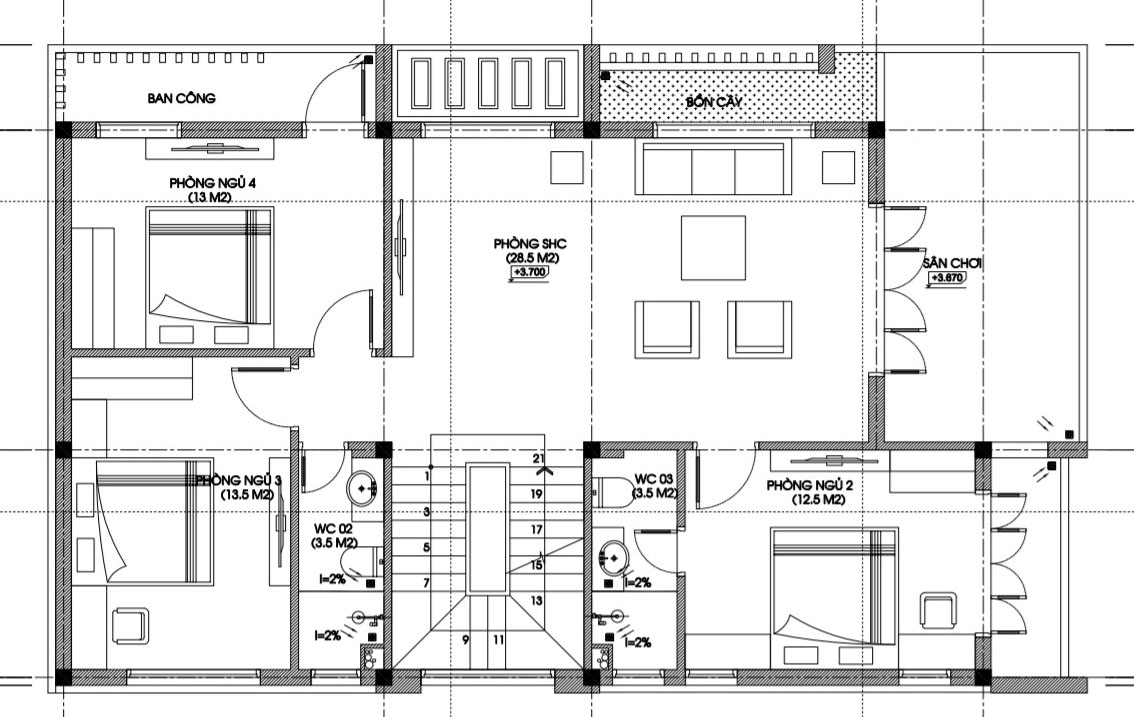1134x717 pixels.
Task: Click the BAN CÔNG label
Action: point(182,98)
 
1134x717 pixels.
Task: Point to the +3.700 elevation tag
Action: point(529,272)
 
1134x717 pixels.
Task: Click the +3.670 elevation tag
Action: point(947,278)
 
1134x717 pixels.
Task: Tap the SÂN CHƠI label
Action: point(952,263)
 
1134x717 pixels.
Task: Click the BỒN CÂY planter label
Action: point(715,102)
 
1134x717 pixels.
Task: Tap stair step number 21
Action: point(538,458)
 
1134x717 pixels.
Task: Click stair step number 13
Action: point(536,601)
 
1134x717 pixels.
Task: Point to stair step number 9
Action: point(466,640)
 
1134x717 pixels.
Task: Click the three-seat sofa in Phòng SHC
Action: point(713,168)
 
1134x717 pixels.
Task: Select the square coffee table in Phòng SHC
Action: point(713,247)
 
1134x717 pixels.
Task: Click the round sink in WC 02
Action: point(362,488)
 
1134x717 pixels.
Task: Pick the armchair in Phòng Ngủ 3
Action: point(130,625)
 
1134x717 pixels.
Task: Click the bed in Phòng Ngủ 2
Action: point(835,598)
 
